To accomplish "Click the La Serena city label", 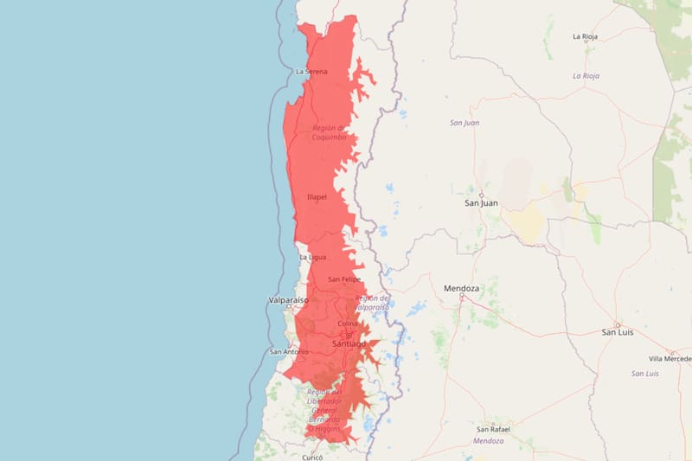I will [311, 71].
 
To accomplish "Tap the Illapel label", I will [317, 197].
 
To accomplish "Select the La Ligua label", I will [312, 257].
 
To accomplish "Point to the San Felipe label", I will [344, 279].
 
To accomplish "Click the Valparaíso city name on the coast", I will [288, 300].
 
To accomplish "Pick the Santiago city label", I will [349, 344].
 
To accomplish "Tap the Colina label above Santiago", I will [347, 323].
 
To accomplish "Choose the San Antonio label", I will [288, 351].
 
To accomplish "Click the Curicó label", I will [313, 455].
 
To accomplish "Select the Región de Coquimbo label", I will [317, 131].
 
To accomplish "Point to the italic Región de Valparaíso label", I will [372, 302].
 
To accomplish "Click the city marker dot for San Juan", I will [481, 194].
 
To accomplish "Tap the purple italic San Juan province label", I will [465, 123].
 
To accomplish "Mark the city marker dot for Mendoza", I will [462, 297].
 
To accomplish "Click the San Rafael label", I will [493, 429].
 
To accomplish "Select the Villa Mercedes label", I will [670, 358].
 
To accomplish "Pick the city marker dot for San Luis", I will [618, 324].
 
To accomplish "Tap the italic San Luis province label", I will [645, 374].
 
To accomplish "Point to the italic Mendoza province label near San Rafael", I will [489, 441].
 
